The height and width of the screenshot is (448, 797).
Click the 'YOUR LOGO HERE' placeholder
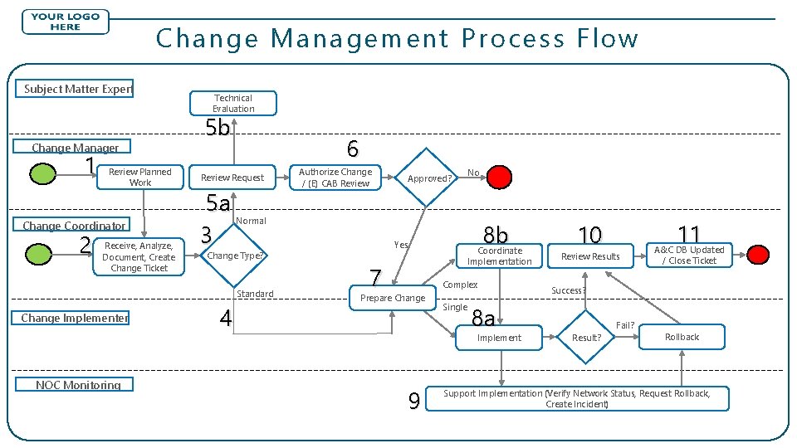[x=65, y=22]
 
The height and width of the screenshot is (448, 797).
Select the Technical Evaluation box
[x=233, y=104]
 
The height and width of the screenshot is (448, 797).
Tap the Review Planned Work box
[x=140, y=177]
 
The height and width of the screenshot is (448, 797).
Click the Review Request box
[x=232, y=178]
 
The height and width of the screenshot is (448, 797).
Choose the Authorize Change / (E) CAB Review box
[x=335, y=178]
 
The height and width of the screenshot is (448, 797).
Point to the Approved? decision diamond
[x=429, y=178]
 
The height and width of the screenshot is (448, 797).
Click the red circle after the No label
[x=499, y=177]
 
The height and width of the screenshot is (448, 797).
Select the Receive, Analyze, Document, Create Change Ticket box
[x=139, y=256]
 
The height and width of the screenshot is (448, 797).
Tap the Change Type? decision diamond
[x=234, y=256]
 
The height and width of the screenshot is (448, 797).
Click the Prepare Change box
[x=393, y=298]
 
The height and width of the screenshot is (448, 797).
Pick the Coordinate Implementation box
[x=499, y=256]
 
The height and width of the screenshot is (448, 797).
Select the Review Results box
[x=590, y=256]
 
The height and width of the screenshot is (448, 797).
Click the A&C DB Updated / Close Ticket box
[x=689, y=255]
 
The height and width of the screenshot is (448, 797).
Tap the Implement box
[x=500, y=338]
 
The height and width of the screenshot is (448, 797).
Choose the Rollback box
[x=682, y=337]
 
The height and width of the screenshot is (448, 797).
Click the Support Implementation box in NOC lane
[x=577, y=398]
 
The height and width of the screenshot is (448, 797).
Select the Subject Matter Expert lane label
[x=78, y=89]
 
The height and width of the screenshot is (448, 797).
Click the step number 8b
[x=496, y=236]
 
